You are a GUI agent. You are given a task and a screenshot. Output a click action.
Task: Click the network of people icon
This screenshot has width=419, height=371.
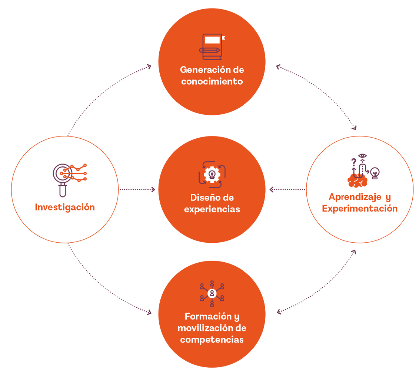212,293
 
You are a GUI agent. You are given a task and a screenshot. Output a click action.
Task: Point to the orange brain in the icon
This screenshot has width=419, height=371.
357,181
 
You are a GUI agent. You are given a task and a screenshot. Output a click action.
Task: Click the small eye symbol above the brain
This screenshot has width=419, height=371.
362,156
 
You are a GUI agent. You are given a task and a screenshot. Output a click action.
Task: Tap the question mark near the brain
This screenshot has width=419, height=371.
354,162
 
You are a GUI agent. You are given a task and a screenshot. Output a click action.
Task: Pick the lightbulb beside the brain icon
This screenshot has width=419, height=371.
375,173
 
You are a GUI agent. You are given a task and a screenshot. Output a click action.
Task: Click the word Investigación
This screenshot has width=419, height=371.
65,207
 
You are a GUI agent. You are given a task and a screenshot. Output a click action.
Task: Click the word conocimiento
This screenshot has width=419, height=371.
212,81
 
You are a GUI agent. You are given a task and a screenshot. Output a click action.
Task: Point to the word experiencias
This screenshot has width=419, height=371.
212,209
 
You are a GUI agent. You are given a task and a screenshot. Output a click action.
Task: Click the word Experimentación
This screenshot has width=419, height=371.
359,209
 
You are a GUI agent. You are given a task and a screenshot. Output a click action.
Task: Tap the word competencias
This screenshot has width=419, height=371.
212,340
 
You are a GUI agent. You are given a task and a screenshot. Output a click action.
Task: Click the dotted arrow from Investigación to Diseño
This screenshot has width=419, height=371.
137,189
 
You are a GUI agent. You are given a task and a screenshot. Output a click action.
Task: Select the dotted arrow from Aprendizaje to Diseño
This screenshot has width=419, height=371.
287,189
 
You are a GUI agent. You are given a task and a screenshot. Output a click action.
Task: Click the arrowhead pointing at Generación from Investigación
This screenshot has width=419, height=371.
149,67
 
